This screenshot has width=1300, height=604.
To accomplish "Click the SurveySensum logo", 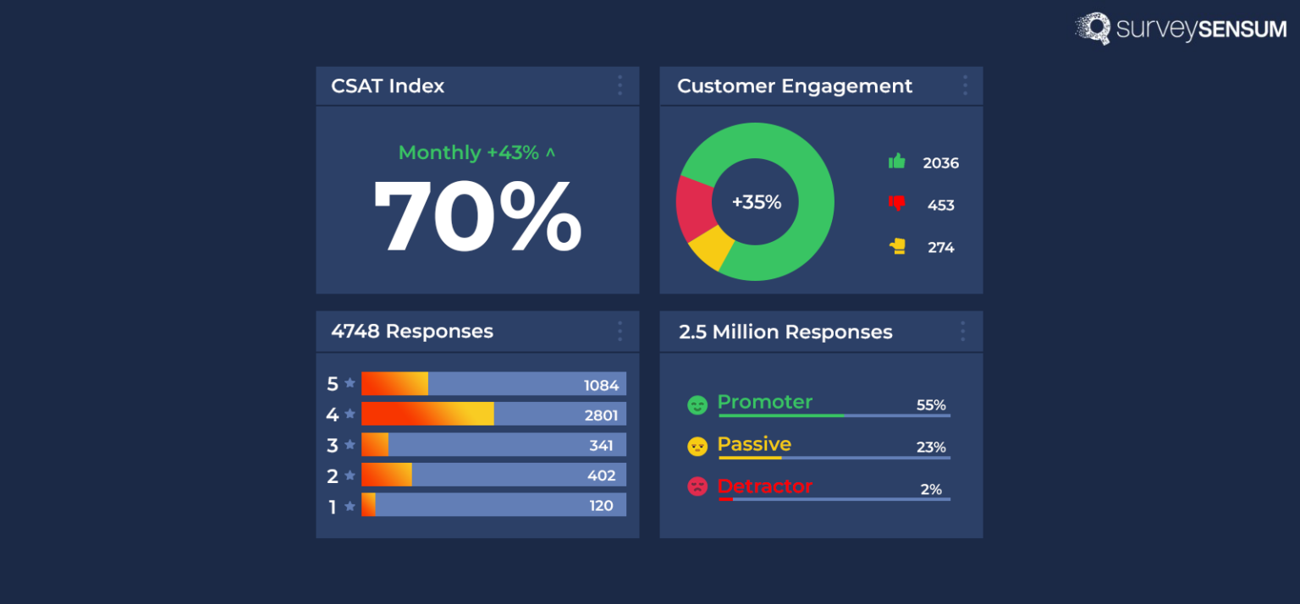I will point(1180,29).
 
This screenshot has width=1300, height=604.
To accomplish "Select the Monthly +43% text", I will point(476,153).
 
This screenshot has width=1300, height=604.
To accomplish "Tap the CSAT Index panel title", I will point(388,86).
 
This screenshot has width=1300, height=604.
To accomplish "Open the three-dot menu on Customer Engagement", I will point(964,85).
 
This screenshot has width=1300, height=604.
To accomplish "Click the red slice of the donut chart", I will point(695,207).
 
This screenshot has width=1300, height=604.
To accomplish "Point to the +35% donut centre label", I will point(756,203).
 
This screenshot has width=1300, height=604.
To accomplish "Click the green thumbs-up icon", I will point(897,161).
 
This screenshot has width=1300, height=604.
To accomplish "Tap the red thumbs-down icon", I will point(897,204).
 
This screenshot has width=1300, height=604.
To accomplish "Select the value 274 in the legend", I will point(940,248).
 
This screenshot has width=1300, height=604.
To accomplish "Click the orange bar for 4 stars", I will point(427,415).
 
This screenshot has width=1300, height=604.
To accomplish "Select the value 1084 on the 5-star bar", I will point(601,386).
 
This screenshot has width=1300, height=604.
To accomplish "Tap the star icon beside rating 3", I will point(350,445).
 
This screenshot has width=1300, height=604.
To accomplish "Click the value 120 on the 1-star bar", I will point(601,507).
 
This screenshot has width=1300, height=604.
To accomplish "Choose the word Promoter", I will point(764,402).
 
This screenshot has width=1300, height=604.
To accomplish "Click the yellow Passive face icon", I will point(697,447).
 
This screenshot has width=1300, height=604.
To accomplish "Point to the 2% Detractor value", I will point(931,490).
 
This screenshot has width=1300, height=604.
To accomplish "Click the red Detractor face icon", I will point(697,486).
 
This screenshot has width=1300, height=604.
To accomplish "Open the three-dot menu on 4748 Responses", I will point(620,331).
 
